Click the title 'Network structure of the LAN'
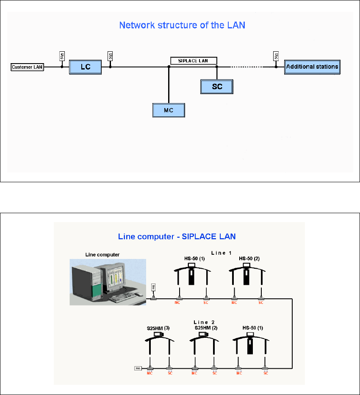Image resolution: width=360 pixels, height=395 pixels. [x=182, y=25]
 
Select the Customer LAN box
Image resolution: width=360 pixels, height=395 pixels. [x=27, y=67]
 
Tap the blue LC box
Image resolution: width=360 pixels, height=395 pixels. [x=86, y=67]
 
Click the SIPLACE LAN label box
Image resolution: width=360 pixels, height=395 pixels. [x=194, y=61]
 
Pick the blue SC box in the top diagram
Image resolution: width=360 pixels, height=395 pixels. [x=217, y=86]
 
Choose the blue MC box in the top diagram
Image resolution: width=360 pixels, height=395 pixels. [x=169, y=110]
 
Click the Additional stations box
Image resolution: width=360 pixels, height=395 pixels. [x=312, y=67]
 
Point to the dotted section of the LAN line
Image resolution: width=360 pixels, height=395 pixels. [x=246, y=67]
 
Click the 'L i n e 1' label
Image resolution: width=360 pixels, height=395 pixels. [x=222, y=253]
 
